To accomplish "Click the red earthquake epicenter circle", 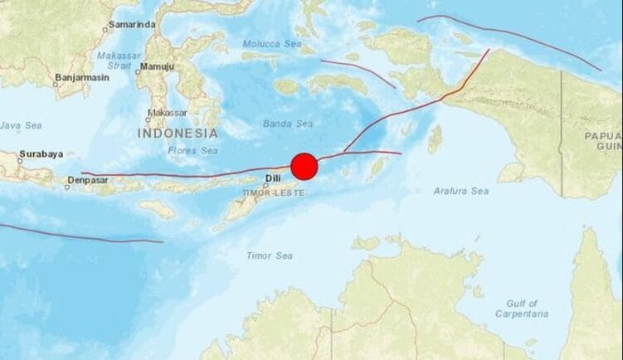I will (x=304, y=166).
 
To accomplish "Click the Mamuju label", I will (x=157, y=66).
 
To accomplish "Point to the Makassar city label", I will (x=167, y=113).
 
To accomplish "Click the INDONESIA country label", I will (x=178, y=133).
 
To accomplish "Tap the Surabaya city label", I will (x=41, y=153).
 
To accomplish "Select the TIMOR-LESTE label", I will (x=273, y=192).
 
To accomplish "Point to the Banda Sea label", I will (x=287, y=124).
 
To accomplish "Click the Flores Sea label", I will (x=192, y=150).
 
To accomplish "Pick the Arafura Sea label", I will (x=460, y=191).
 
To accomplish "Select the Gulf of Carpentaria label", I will (x=521, y=309).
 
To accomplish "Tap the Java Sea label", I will (x=21, y=125).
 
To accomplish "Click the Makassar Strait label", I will (x=119, y=61).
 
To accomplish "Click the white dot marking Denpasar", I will (x=67, y=186).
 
